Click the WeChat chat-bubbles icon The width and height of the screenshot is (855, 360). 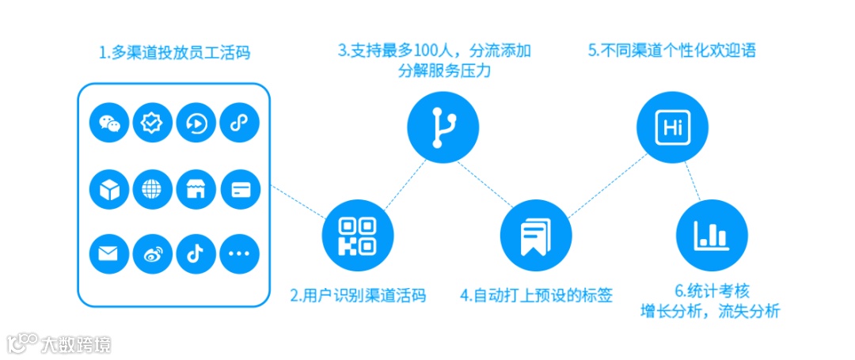click(110, 123)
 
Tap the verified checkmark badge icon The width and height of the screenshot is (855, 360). click(153, 123)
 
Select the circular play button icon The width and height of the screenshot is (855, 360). click(196, 123)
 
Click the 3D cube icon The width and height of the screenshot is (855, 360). click(110, 188)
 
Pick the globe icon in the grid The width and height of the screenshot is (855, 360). click(153, 188)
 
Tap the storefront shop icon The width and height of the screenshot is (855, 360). click(196, 188)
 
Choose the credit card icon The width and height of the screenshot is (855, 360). click(239, 188)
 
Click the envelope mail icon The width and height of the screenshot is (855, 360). click(110, 253)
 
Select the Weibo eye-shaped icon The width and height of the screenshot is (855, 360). click(153, 253)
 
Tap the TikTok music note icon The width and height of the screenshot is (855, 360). click(196, 253)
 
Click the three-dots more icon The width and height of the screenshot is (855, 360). click(239, 253)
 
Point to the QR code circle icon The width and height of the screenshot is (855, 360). click(358, 235)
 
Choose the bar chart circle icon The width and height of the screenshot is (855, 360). click(712, 234)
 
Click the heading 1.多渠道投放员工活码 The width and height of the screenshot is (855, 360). click(175, 54)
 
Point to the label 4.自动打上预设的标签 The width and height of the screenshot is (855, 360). click(536, 296)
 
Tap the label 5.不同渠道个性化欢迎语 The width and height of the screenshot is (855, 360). click(671, 51)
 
